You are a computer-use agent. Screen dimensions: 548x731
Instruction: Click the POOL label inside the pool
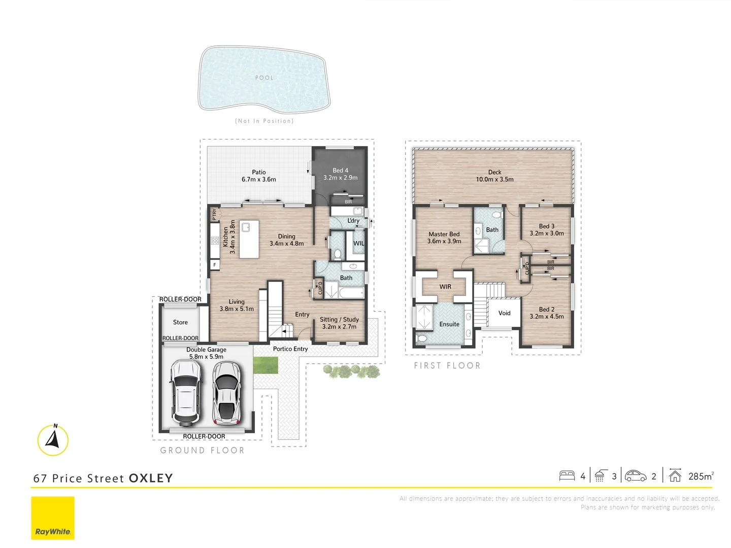264,78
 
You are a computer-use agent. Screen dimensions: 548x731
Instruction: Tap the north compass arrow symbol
53,440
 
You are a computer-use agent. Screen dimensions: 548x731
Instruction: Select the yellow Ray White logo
53,518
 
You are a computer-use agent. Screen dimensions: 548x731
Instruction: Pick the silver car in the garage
226,392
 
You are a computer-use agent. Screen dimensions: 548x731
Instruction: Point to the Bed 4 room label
340,174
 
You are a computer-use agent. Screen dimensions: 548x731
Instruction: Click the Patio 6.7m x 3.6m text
259,176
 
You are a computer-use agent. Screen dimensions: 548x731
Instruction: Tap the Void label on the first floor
504,313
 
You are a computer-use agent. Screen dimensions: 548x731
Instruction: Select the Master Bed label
444,237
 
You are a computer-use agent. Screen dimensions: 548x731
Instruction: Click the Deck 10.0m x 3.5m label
494,176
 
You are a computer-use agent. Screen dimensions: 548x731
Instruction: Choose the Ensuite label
449,324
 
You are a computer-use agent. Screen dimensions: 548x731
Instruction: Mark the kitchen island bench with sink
249,239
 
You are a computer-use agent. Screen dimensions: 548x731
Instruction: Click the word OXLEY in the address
151,478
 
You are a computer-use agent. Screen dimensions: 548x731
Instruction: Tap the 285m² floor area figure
701,476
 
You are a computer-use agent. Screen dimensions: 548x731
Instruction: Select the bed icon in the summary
567,475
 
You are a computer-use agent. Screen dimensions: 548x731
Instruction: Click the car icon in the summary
636,475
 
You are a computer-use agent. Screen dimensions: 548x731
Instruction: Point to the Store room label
180,322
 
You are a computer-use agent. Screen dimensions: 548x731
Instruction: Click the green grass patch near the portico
265,365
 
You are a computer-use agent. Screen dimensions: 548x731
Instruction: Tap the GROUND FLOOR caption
202,451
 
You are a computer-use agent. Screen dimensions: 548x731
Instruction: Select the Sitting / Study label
339,323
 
